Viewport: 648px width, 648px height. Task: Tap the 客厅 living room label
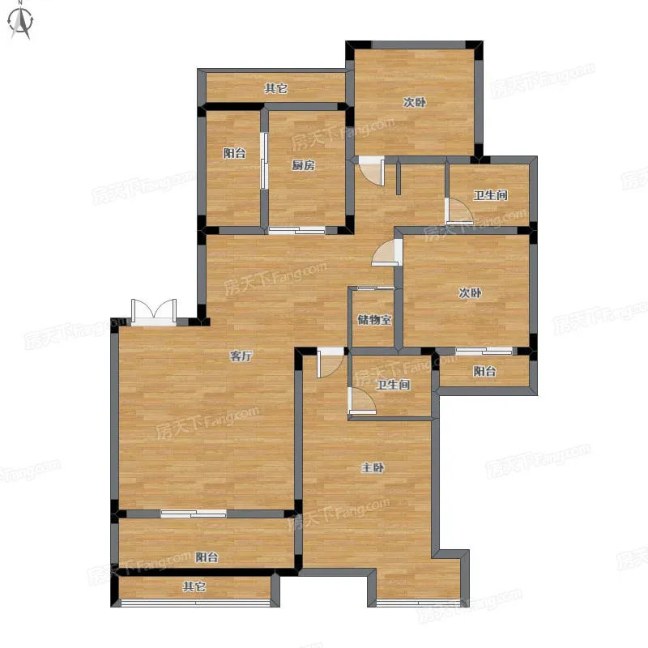pyautogui.click(x=241, y=356)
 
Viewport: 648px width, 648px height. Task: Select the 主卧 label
pyautogui.click(x=373, y=467)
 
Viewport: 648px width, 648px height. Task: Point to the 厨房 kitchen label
pyautogui.click(x=303, y=165)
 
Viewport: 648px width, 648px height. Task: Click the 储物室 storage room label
pyautogui.click(x=374, y=319)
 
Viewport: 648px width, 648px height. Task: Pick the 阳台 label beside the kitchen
pyautogui.click(x=234, y=153)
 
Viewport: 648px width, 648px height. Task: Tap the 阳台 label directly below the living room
pyautogui.click(x=207, y=557)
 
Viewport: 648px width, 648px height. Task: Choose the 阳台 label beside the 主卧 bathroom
pyautogui.click(x=484, y=371)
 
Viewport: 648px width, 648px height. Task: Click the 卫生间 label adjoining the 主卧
pyautogui.click(x=393, y=385)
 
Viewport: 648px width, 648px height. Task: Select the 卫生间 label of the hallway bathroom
pyautogui.click(x=491, y=195)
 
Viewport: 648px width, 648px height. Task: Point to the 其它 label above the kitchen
pyautogui.click(x=276, y=88)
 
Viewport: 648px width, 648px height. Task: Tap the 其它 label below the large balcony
pyautogui.click(x=194, y=586)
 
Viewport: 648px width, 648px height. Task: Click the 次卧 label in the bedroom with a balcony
pyautogui.click(x=471, y=292)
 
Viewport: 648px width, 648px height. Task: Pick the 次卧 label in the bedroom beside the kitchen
pyautogui.click(x=415, y=102)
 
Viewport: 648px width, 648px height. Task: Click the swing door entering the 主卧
pyautogui.click(x=330, y=362)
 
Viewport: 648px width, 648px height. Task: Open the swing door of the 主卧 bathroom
pyautogui.click(x=361, y=401)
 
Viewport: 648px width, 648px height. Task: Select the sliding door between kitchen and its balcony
pyautogui.click(x=264, y=160)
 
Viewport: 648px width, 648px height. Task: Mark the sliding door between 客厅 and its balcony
pyautogui.click(x=194, y=514)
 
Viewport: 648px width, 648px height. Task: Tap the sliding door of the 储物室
pyautogui.click(x=375, y=288)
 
